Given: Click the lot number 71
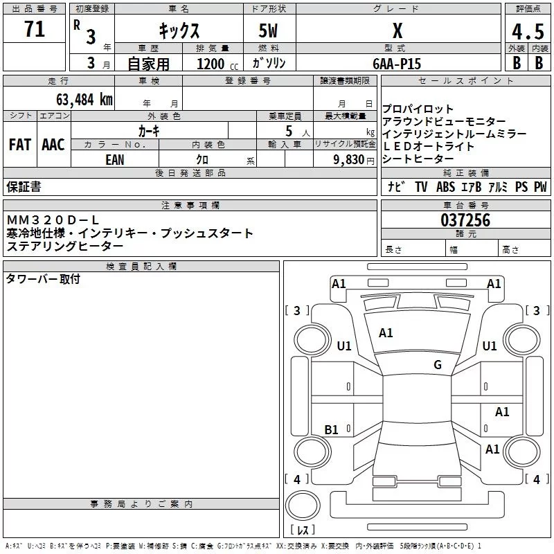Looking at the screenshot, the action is click(x=34, y=30).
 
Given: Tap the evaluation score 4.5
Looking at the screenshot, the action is click(x=527, y=32).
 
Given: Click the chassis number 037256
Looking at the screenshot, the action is click(x=465, y=220).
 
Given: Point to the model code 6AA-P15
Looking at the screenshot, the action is click(x=397, y=63).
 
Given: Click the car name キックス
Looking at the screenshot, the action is click(x=179, y=31).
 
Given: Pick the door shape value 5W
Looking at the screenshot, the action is click(x=269, y=31).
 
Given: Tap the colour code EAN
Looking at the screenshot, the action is click(x=115, y=159).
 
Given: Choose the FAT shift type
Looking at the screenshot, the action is click(x=19, y=145).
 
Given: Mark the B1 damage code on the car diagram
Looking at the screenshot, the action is click(x=331, y=430).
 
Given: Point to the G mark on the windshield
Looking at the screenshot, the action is click(x=437, y=365).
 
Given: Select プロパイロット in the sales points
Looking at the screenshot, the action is click(x=418, y=109).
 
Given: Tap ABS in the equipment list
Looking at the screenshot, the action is click(x=445, y=187).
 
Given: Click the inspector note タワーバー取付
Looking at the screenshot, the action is click(x=43, y=278).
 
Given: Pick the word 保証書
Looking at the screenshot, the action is click(x=24, y=186).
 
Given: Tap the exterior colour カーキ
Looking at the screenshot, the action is click(x=149, y=130).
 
